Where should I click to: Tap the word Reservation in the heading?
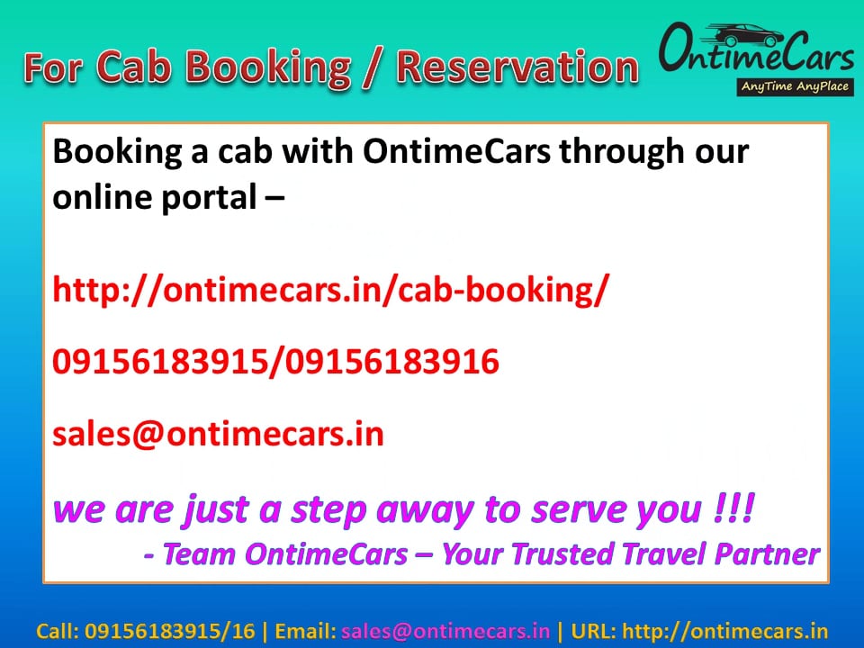click(517, 67)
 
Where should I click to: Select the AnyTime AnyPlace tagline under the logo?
click(795, 87)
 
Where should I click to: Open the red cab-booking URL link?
click(330, 290)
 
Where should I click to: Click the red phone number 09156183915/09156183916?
click(275, 362)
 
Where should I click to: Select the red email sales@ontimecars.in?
click(218, 434)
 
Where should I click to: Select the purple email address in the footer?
click(445, 631)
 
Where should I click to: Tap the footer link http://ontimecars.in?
click(724, 631)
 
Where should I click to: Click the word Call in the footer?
click(57, 631)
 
